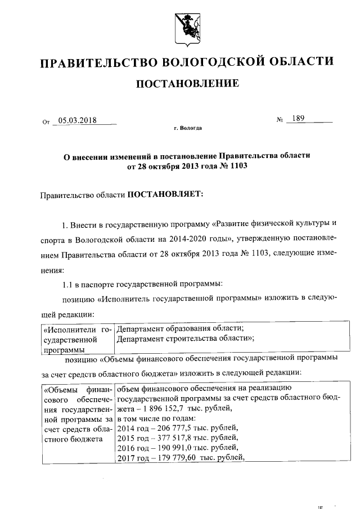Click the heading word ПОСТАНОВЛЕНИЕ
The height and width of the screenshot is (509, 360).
(188, 84)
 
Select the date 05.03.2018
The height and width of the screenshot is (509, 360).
(77, 120)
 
